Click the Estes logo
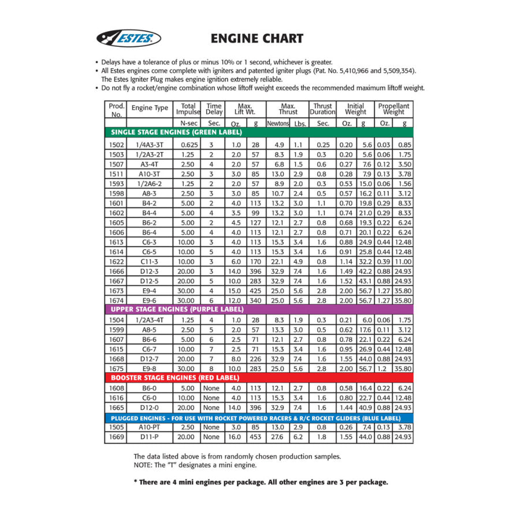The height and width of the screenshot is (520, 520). pos(128,39)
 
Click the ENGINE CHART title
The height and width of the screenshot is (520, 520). pos(257,39)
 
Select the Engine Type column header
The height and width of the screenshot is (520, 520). pos(150,108)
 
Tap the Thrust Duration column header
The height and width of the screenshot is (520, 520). pos(322,109)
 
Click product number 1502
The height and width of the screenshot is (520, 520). pos(116,144)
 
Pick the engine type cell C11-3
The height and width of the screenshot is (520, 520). pos(150,261)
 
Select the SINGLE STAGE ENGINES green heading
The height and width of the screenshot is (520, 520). pos(176,132)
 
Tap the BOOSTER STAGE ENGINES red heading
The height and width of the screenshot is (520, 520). pos(175,377)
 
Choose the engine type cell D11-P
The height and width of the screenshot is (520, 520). pos(150,437)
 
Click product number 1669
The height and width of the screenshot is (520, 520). pos(116,437)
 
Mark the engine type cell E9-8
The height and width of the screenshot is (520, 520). pos(150,367)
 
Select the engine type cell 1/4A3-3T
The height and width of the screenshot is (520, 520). pos(150,144)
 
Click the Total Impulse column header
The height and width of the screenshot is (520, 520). pos(188,109)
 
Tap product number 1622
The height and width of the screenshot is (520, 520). pos(116,261)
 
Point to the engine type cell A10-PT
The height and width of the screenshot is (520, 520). pos(150,428)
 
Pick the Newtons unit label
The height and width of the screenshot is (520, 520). pos(277,123)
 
